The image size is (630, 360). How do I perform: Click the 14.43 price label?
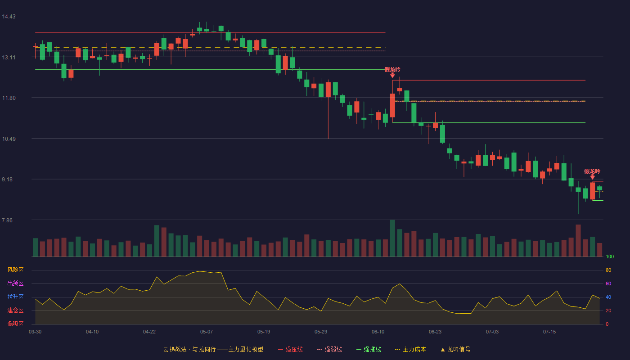click(9, 17)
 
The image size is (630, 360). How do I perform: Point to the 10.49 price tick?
click(9, 139)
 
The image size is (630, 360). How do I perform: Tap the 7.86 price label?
click(7, 220)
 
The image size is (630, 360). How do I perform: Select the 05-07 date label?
click(207, 332)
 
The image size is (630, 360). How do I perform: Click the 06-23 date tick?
click(435, 332)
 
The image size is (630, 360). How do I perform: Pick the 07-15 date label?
click(549, 332)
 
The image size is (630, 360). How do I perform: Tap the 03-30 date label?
click(35, 332)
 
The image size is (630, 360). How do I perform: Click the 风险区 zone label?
click(15, 270)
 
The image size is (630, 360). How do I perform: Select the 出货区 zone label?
click(15, 283)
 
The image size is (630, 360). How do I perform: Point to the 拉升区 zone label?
click(15, 297)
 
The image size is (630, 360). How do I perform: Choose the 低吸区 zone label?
click(15, 324)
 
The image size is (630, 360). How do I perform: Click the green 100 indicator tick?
click(610, 256)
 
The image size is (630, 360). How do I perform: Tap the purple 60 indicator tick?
click(608, 283)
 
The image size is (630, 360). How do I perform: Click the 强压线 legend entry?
click(290, 349)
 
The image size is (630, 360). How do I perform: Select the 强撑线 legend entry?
click(369, 349)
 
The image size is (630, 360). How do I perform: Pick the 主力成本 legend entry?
click(410, 349)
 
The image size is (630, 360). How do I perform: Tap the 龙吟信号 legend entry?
click(455, 349)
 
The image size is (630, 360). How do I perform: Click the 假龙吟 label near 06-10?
click(392, 69)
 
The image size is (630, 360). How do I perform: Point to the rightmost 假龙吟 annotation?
click(592, 171)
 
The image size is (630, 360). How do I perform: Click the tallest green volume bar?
click(392, 238)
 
